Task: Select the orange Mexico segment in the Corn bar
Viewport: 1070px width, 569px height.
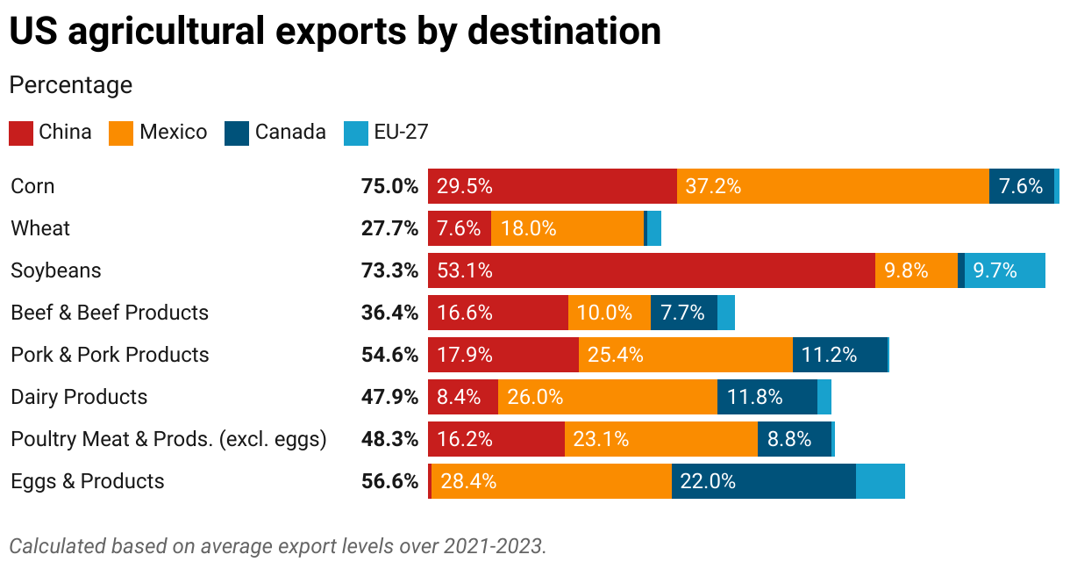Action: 832,186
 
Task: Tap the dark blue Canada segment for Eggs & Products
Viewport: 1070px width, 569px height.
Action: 763,481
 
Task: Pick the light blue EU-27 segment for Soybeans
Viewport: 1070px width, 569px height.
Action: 1004,270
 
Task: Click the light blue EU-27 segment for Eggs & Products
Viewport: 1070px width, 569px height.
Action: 880,481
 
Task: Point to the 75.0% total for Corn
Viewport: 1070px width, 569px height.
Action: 389,186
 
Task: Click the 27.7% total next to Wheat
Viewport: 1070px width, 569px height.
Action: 389,228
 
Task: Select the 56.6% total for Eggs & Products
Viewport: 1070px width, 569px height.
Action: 389,481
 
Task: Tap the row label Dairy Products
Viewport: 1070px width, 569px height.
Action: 79,397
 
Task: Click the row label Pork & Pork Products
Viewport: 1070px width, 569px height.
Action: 110,355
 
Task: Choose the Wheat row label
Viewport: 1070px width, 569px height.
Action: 40,228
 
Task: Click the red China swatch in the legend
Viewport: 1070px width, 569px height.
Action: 21,133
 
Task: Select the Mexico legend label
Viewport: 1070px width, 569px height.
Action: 174,133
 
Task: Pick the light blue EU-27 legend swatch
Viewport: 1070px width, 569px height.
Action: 357,133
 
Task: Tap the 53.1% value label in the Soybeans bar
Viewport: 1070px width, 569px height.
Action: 465,270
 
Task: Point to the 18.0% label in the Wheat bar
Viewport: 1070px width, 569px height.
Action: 528,228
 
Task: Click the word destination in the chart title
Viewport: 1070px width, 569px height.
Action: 564,32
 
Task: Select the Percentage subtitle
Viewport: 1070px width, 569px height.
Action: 71,85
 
